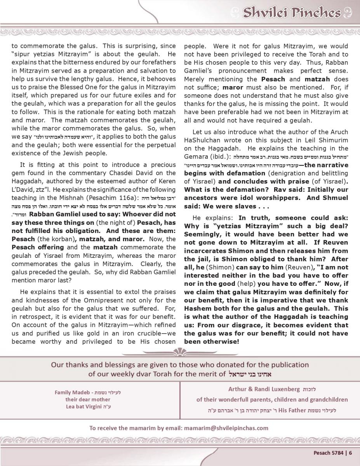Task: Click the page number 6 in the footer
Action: [350, 452]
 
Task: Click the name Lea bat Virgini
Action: [84, 407]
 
